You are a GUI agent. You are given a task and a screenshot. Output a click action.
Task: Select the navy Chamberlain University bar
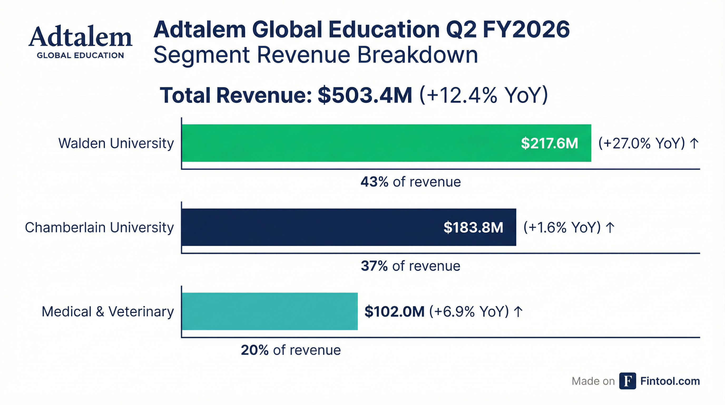[x=310, y=227]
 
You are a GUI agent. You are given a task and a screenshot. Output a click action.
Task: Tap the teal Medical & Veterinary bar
[x=270, y=311]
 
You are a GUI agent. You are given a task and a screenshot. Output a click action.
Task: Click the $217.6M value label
[x=549, y=143]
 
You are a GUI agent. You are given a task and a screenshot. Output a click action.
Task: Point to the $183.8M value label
[x=473, y=227]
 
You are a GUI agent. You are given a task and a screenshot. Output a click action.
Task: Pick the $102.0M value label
[x=394, y=311]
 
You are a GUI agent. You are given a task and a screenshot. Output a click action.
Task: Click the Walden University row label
[x=116, y=143]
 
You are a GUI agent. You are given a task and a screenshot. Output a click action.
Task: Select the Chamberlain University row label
[x=99, y=228]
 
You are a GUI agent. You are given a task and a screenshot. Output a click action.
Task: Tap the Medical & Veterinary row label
[x=108, y=312]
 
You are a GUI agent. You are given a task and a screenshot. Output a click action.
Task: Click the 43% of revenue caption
[x=411, y=182]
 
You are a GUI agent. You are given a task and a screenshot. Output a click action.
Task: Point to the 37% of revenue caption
[x=410, y=266]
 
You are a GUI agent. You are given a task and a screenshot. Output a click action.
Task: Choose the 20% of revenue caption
[x=291, y=350]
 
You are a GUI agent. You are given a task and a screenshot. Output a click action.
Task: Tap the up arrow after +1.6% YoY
[x=610, y=227]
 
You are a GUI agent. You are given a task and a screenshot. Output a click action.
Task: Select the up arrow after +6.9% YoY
[x=518, y=311]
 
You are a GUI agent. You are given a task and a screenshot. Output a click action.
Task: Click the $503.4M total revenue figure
[x=365, y=95]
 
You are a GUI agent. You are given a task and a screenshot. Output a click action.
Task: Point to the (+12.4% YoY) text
[x=483, y=95]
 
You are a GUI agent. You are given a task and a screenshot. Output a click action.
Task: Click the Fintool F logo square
[x=627, y=381]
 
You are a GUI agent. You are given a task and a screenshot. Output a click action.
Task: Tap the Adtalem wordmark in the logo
[x=80, y=37]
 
